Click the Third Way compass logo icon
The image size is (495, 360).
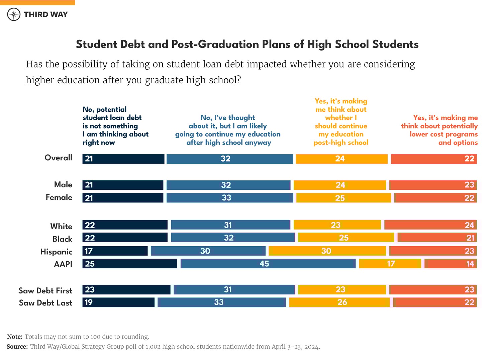pos(14,14)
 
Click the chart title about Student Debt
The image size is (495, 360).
pos(247,44)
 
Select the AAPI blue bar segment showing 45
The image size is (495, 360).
pos(268,264)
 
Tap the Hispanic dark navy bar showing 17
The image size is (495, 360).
pos(115,251)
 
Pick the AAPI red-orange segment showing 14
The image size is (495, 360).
pos(451,264)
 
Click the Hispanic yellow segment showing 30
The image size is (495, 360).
pos(327,251)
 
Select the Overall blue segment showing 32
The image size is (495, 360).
pos(229,159)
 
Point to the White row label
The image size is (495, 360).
pos(61,227)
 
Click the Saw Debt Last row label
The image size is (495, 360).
pos(45,303)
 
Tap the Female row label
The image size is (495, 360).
pos(59,197)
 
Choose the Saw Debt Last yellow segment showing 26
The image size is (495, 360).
pos(339,302)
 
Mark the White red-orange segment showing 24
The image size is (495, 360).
pos(430,225)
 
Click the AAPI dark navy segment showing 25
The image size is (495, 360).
pos(130,264)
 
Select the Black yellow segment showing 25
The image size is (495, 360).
pos(346,238)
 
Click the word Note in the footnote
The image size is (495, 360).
pos(15,337)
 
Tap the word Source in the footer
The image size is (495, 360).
pos(17,347)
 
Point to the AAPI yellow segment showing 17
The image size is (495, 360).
pos(390,264)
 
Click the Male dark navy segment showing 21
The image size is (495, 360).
pos(123,185)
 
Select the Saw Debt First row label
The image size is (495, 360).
pos(45,290)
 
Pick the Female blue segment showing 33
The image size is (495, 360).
pos(229,198)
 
